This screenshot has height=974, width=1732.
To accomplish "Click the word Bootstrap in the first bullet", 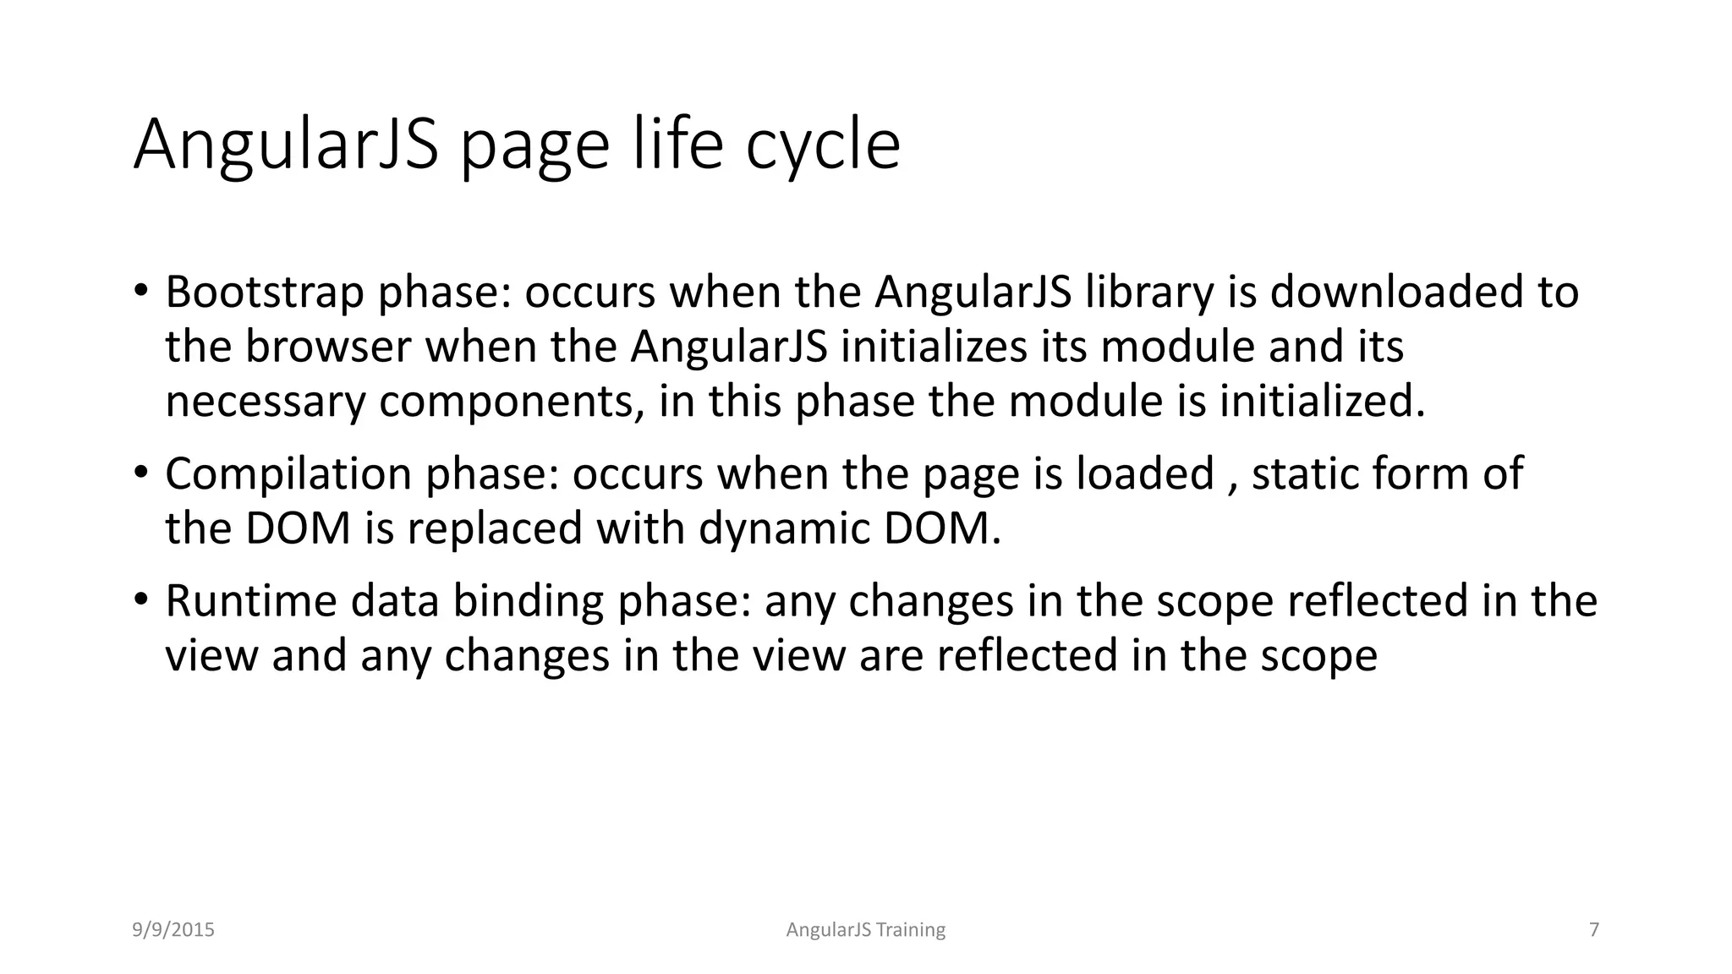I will coord(265,293).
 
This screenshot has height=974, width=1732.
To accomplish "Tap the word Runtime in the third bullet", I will coord(251,601).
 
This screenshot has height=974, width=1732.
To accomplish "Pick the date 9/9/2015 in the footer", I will coord(173,930).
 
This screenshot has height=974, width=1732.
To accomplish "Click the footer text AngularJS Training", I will coord(865,930).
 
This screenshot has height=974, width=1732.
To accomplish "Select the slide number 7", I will coord(1594,930).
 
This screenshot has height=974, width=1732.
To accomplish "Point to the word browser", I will coord(328,347).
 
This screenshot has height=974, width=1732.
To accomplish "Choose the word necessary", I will coord(266,402).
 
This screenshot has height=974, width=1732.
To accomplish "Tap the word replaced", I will coord(495,529).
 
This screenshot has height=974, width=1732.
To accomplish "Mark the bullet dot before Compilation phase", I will coord(140,471).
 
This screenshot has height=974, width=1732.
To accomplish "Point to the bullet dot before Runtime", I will coord(140,599).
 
